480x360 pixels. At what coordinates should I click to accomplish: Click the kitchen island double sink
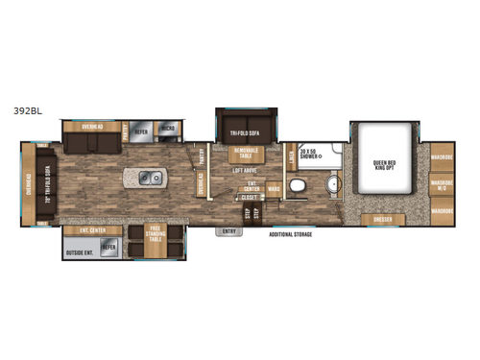pyautogui.click(x=150, y=177)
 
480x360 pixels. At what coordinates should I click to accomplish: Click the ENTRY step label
pyautogui.click(x=229, y=231)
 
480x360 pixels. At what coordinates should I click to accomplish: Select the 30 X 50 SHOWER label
pyautogui.click(x=309, y=154)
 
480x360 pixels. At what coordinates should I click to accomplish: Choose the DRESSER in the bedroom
pyautogui.click(x=381, y=220)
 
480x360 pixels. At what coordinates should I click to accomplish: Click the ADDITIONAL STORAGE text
pyautogui.click(x=294, y=233)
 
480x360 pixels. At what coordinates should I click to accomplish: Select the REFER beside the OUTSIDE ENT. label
pyautogui.click(x=108, y=247)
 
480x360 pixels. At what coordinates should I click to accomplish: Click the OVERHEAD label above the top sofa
pyautogui.click(x=92, y=126)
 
